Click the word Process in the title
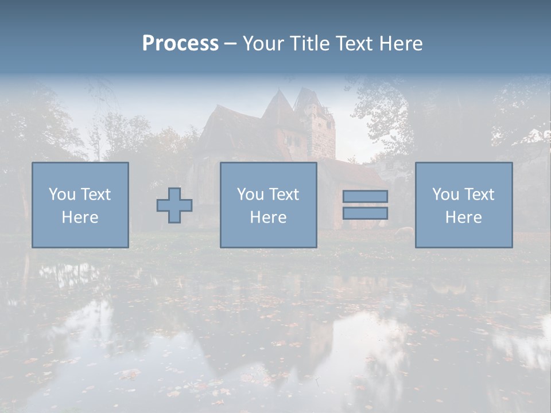tap(180, 44)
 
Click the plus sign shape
tap(174, 205)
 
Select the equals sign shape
tap(365, 205)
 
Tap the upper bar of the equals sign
tap(365, 196)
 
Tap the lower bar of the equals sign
tap(365, 213)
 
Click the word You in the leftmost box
tap(62, 194)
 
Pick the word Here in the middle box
tap(268, 217)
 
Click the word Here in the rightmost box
tap(463, 217)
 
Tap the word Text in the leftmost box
tap(96, 194)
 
